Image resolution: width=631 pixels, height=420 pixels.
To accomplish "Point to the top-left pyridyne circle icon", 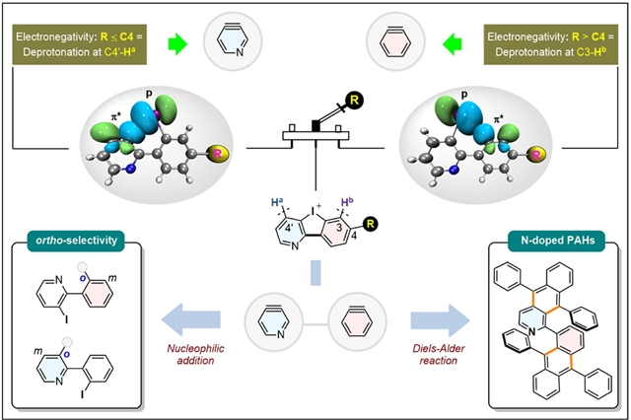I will tap(230, 42).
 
